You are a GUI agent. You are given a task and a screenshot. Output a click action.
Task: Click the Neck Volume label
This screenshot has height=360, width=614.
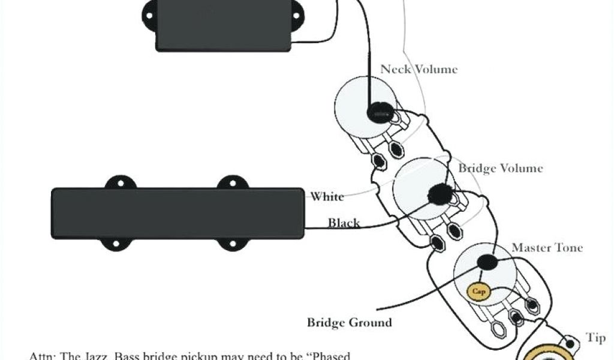click(x=419, y=70)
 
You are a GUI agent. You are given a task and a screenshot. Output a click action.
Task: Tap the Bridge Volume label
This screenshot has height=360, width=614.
click(x=500, y=168)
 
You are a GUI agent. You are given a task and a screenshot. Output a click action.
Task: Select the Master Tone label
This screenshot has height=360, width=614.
click(x=546, y=247)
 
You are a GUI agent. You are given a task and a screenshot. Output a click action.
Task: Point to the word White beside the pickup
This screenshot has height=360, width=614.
click(x=327, y=197)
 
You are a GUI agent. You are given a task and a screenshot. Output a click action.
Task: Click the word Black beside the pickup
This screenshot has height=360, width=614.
click(x=344, y=223)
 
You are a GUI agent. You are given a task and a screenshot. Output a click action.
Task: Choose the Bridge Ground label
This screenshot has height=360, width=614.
click(x=349, y=323)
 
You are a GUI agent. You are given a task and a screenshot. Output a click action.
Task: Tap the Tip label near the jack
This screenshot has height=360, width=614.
click(x=595, y=338)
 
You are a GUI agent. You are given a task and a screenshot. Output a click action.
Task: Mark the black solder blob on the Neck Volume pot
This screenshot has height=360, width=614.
click(x=380, y=111)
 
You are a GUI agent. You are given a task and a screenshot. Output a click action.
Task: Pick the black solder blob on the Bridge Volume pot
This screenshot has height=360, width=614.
click(x=441, y=193)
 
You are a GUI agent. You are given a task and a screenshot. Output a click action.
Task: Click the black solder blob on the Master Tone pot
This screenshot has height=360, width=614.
click(x=488, y=262)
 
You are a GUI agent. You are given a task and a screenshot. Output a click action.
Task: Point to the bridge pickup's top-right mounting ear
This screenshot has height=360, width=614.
click(x=230, y=182)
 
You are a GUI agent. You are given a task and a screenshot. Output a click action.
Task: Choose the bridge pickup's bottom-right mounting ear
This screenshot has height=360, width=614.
click(x=230, y=244)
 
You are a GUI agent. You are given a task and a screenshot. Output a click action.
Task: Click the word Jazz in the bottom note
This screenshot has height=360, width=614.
click(x=122, y=355)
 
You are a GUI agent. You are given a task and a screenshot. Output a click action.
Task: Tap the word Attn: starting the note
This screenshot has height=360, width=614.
click(x=42, y=355)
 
